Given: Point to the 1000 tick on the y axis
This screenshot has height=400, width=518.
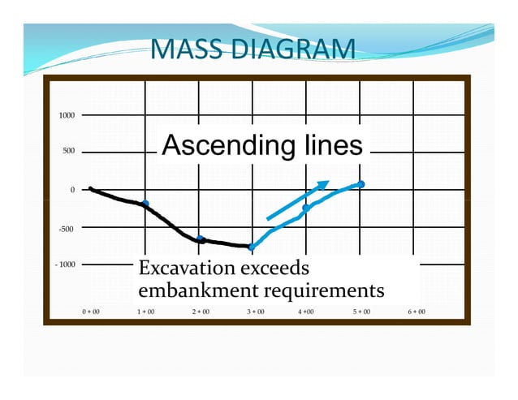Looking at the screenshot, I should click(67, 115).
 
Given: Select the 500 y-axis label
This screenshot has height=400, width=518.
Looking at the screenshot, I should click(68, 152).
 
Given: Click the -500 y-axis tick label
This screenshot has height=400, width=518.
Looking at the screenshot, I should click(67, 229).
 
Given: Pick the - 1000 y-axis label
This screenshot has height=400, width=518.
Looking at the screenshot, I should click(65, 265).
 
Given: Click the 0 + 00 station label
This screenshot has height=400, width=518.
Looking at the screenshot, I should click(91, 312).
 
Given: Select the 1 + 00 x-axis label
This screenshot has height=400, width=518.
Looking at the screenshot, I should click(145, 312).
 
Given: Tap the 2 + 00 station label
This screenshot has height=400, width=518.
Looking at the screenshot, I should click(200, 312).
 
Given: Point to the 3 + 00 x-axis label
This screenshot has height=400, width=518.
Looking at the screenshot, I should click(253, 312).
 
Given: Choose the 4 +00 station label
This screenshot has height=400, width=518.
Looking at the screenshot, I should click(306, 312).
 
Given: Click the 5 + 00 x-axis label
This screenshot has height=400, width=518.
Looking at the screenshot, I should click(361, 312).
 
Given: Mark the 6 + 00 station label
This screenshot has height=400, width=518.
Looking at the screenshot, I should click(415, 312).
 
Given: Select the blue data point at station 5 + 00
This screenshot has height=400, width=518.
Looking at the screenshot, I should click(361, 184).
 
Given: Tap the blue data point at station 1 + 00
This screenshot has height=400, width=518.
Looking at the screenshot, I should click(145, 204).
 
